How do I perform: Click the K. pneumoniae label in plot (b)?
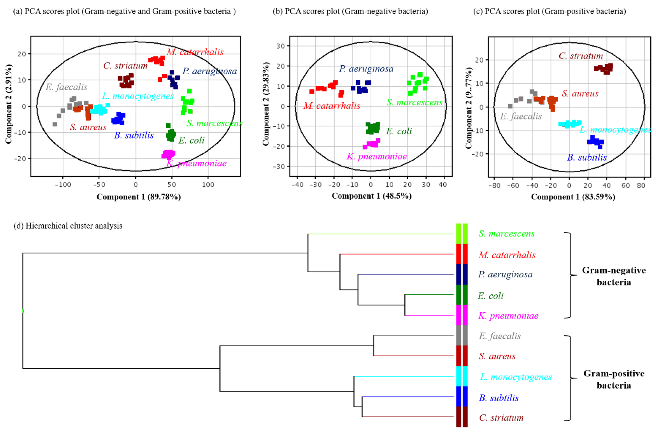[377, 156]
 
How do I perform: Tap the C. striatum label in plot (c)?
[581, 56]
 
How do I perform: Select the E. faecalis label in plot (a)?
[66, 87]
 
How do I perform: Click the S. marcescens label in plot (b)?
[414, 102]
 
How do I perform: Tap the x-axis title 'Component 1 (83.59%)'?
[573, 197]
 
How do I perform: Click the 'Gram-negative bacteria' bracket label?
[614, 276]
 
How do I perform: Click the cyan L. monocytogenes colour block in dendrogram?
[462, 376]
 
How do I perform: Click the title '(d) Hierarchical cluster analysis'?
[68, 226]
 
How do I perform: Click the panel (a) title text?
[124, 11]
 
